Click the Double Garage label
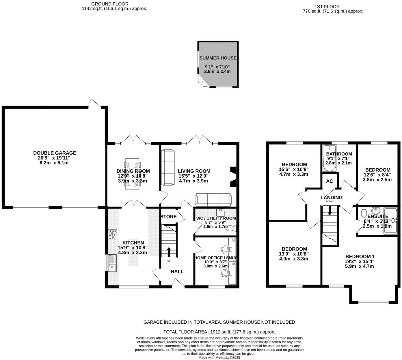55,153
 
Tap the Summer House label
218,58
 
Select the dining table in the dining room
132,174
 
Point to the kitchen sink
112,263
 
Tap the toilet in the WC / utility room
231,228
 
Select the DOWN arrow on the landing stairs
330,211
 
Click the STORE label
168,216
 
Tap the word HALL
177,271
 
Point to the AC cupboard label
330,181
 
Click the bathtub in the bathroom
330,158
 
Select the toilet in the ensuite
364,212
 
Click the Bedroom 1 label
360,256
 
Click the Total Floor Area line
219,332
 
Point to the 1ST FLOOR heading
333,7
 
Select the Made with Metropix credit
219,357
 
